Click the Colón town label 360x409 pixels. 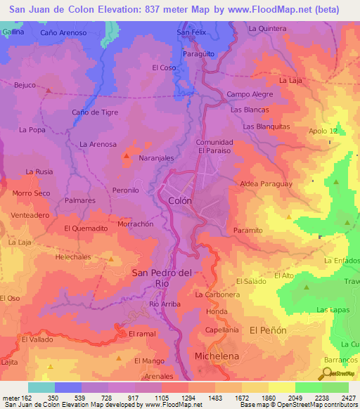[180, 200]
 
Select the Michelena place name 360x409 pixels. [217, 356]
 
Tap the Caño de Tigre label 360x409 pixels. [95, 112]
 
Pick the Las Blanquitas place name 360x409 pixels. [266, 126]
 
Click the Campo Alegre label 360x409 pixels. [249, 93]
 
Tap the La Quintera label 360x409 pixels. [268, 28]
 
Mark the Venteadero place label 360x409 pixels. [30, 215]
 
